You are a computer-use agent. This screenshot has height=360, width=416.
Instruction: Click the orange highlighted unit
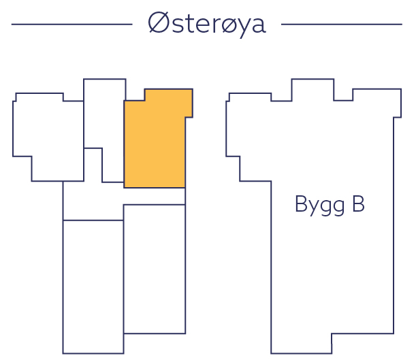pos(155,143)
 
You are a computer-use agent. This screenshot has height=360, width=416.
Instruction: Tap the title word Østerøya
pos(206,24)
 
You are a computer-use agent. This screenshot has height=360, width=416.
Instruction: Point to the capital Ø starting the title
pos(158,24)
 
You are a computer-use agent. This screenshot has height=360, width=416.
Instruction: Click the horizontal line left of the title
pos(71,24)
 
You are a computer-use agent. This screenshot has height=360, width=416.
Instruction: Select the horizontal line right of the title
pos(341,24)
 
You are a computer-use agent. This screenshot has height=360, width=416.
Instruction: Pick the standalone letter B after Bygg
pos(357,204)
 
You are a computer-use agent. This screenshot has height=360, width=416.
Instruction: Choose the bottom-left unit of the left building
pos(93,286)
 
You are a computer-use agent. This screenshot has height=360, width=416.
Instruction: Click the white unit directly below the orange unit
pos(155,269)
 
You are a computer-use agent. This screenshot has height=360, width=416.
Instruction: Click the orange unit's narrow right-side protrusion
pos(189,102)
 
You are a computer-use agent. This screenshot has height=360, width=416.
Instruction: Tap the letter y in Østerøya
pos(239,27)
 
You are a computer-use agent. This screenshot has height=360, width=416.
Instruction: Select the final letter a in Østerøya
pos(257,26)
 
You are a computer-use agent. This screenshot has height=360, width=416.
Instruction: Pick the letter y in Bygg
pos(310,208)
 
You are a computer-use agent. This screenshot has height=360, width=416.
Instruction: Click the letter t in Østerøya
pos(186,24)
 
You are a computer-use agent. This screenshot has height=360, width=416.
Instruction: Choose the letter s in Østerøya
pos(174,26)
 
